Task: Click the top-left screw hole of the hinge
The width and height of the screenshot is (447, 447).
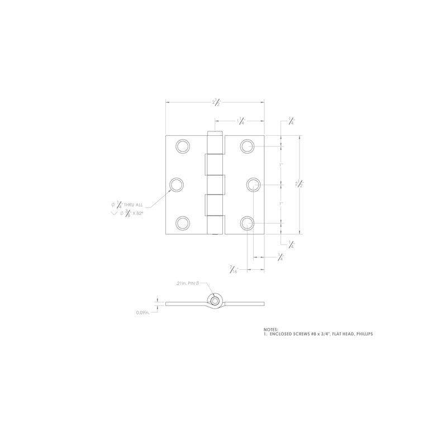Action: (182, 146)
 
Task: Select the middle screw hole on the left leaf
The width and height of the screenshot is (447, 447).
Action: (177, 185)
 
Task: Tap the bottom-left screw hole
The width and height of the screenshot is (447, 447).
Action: (182, 223)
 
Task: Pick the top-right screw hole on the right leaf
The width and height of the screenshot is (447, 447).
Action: (248, 146)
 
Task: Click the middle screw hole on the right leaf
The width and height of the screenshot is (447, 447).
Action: (253, 185)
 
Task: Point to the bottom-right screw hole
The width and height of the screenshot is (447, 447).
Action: (248, 223)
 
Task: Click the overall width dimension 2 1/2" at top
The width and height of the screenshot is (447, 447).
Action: (216, 102)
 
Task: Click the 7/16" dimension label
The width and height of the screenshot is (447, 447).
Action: (234, 269)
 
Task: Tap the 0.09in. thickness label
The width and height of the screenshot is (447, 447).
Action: (144, 312)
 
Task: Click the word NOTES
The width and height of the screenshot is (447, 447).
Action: (270, 330)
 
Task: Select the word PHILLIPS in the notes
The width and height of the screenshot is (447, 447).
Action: (362, 334)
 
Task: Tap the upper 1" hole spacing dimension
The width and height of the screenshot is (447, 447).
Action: (282, 165)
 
